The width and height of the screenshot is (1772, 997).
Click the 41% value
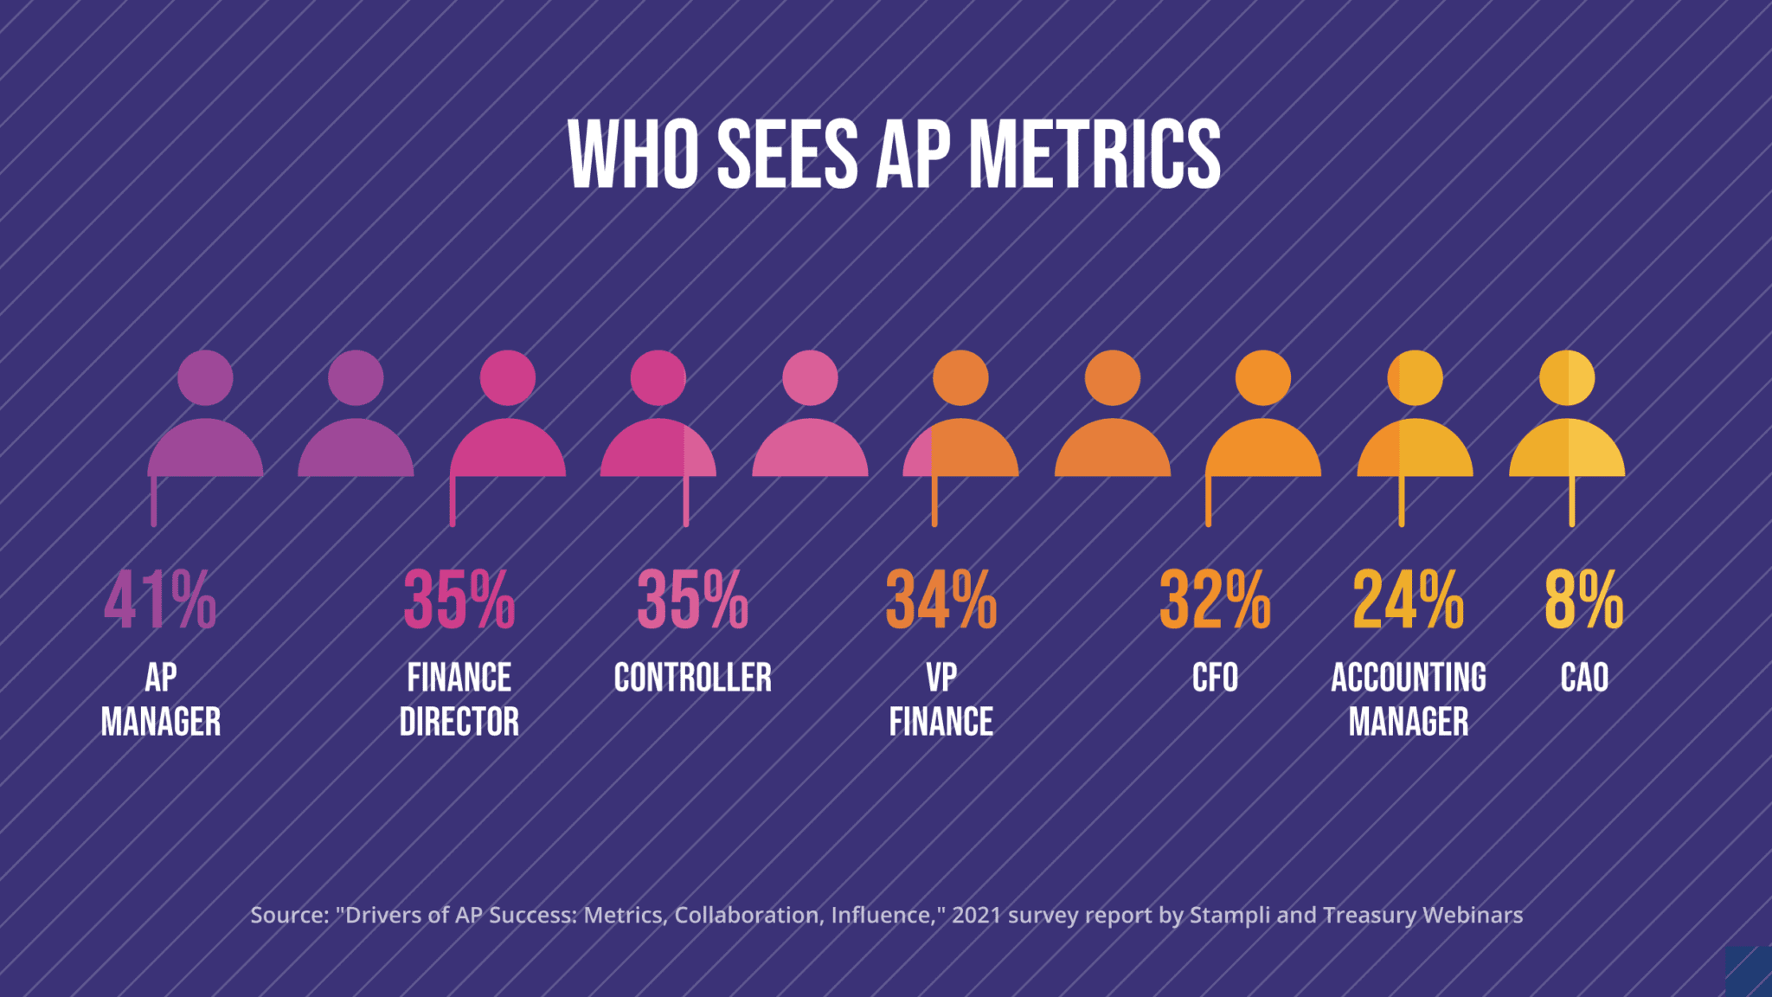[160, 600]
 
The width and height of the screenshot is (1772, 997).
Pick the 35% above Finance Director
[459, 600]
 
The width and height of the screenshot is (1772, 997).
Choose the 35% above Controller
[692, 600]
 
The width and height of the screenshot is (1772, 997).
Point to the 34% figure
[941, 600]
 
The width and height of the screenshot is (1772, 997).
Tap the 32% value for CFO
[1215, 600]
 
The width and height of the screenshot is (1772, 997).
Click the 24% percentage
[1409, 600]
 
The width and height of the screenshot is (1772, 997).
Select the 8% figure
[1584, 600]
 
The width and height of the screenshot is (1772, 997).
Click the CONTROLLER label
[692, 678]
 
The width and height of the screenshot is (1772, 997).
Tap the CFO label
[1215, 678]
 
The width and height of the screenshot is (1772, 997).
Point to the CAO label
[1584, 678]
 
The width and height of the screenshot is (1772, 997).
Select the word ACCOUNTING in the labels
[1409, 678]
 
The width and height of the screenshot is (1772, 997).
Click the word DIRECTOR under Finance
[459, 722]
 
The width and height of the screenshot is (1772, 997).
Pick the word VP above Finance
[941, 678]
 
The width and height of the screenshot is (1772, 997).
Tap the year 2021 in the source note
[976, 916]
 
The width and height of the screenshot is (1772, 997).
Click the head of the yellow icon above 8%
[1567, 378]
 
